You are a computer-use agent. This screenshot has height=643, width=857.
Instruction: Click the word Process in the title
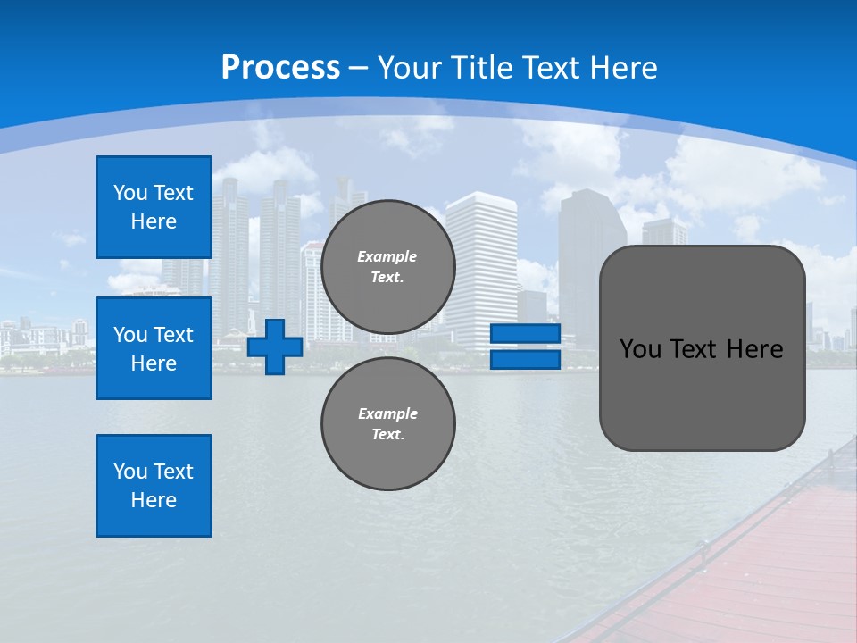coord(280,68)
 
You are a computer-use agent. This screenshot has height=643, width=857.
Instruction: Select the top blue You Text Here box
coord(154,207)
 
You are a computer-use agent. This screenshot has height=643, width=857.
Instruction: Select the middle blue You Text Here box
coord(154,348)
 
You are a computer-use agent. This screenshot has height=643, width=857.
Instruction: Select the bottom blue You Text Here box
coord(154,485)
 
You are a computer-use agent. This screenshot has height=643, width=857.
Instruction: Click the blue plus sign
coord(274,347)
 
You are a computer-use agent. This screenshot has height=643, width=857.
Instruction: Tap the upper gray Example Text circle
coord(387,267)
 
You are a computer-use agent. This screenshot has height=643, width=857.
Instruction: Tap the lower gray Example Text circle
coord(387,424)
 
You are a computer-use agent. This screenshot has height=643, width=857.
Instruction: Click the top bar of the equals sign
coord(525,334)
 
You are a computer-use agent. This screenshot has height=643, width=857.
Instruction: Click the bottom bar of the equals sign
coord(525,360)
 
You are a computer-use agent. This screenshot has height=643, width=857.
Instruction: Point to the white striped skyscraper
coord(481,268)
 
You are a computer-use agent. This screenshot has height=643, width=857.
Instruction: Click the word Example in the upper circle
coord(387,256)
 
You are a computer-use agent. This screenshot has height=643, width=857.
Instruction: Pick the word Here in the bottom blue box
coord(154,500)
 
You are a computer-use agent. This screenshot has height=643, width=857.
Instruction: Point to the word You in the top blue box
coord(129,193)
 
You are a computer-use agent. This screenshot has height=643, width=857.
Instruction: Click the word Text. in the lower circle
coord(387,435)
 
